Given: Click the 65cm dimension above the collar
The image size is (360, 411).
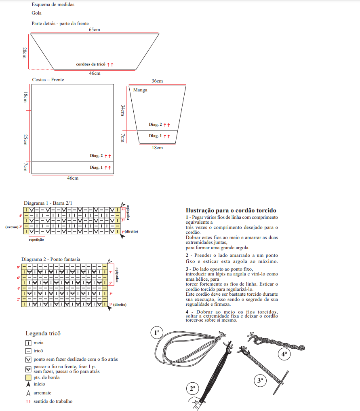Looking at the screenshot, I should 95,30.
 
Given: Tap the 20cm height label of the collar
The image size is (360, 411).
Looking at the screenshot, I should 25,53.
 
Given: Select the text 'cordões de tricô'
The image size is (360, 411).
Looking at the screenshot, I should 91,64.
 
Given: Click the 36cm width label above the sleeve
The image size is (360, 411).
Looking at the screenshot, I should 157,81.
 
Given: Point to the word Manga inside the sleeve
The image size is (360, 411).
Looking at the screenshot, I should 140,90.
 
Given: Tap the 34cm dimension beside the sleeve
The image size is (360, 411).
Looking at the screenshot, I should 122,110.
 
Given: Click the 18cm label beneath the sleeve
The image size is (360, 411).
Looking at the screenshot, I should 157,148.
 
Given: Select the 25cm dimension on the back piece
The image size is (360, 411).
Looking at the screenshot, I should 25,140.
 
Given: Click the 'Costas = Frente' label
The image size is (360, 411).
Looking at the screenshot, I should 48,80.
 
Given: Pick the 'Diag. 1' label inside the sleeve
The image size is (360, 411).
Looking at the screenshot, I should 155,136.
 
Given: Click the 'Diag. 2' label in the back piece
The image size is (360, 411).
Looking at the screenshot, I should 96,156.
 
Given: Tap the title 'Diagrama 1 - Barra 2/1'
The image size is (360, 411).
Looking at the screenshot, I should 48,203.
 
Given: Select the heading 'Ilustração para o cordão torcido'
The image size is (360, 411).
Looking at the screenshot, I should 231,210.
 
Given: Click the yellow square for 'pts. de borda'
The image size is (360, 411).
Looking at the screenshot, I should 28,377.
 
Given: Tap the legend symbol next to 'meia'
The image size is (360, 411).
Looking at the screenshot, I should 28,343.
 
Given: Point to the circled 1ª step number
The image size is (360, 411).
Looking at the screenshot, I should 156,333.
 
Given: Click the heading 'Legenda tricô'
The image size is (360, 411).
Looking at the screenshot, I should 43,333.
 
